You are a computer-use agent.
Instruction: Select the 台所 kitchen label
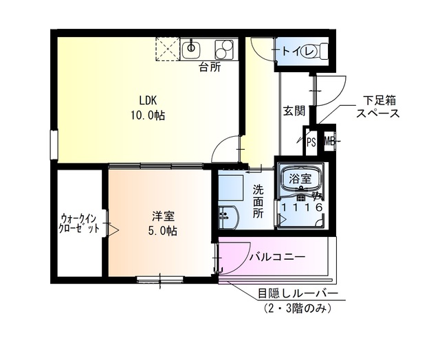coord(210,67)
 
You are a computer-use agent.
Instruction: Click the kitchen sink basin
coord(192,49)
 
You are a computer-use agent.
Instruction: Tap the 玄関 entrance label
coord(294,111)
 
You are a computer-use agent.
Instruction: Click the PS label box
coord(311,143)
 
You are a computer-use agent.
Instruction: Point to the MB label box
coord(329,143)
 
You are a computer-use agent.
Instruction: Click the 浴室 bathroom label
coord(300,179)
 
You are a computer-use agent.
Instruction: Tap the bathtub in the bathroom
coord(300,181)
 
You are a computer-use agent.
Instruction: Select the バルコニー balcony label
coord(276,258)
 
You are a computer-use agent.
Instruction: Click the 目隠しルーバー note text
coord(298,294)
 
